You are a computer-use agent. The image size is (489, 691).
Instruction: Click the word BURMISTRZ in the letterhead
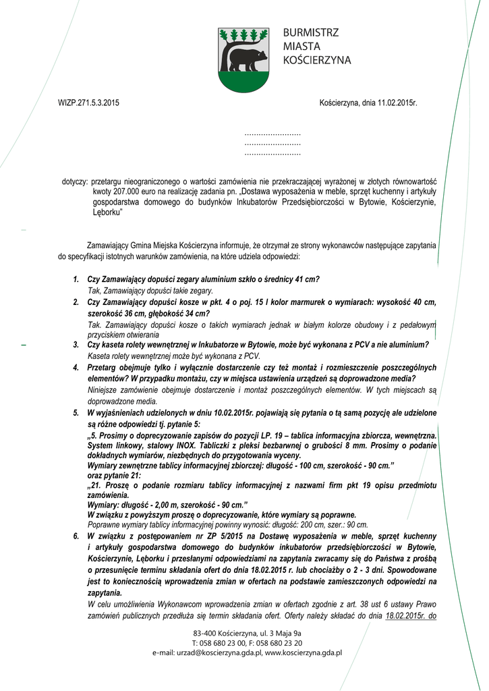pyautogui.click(x=311, y=32)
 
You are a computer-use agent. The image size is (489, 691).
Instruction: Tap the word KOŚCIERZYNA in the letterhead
pyautogui.click(x=317, y=60)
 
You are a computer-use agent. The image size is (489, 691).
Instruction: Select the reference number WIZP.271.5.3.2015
pyautogui.click(x=88, y=103)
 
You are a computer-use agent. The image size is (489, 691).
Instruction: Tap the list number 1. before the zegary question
pyautogui.click(x=76, y=279)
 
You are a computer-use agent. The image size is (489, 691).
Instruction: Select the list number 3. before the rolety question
pyautogui.click(x=76, y=345)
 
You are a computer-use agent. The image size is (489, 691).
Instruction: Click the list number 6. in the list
pyautogui.click(x=76, y=535)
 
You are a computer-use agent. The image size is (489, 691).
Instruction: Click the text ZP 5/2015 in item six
pyautogui.click(x=202, y=535)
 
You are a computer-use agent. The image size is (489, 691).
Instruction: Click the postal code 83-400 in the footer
pyautogui.click(x=205, y=633)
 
